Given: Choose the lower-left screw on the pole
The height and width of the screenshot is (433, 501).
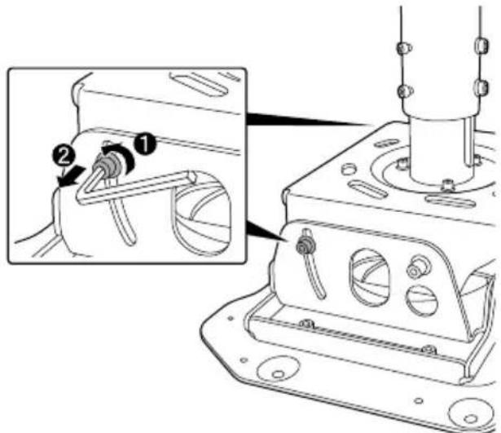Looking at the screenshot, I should pos(402,89).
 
